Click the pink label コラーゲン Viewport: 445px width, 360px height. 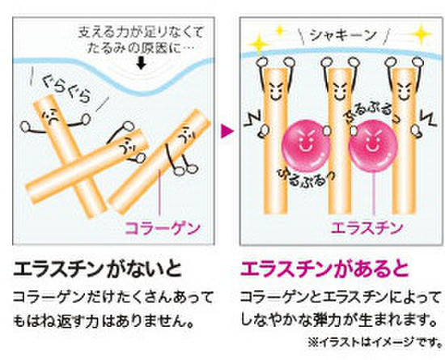pyautogui.click(x=163, y=229)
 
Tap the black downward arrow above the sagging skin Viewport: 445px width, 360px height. pyautogui.click(x=141, y=63)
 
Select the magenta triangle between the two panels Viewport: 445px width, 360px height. pyautogui.click(x=227, y=131)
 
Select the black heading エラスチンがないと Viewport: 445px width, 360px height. pyautogui.click(x=97, y=269)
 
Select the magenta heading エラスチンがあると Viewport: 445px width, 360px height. pyautogui.click(x=324, y=269)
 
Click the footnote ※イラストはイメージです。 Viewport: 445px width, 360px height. pyautogui.click(x=375, y=342)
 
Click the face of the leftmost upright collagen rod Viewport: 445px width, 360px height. pyautogui.click(x=274, y=89)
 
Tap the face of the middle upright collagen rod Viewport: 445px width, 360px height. pyautogui.click(x=339, y=89)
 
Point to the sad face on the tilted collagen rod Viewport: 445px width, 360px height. pyautogui.click(x=51, y=116)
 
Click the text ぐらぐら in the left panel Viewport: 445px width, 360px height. pyautogui.click(x=66, y=89)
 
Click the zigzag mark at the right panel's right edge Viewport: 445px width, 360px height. pyautogui.click(x=429, y=118)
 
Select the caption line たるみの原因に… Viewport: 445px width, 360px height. pyautogui.click(x=141, y=49)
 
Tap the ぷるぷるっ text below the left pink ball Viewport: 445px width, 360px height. pyautogui.click(x=306, y=178)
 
